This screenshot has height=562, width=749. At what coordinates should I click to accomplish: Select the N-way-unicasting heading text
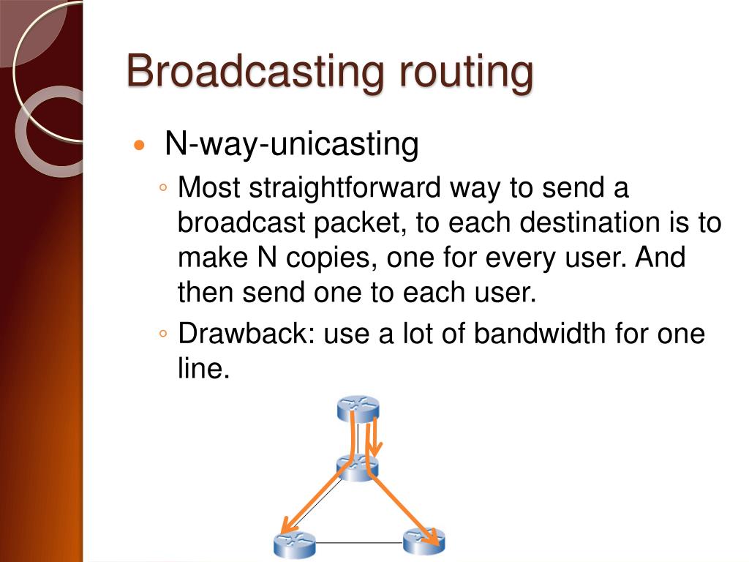tap(291, 144)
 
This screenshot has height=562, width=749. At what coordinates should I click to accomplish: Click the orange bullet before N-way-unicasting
tap(140, 146)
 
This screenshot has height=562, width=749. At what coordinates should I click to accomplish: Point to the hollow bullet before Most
tap(164, 189)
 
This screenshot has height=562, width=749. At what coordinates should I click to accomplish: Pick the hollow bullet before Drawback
tap(164, 334)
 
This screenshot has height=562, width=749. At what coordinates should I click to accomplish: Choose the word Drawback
tap(246, 334)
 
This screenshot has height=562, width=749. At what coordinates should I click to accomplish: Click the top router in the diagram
tap(358, 408)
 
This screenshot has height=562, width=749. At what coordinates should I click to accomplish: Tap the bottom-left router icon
tap(294, 544)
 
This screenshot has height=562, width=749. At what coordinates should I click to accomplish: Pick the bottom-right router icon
tap(424, 542)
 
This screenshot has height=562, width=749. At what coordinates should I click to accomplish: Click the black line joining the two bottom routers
tap(358, 543)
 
